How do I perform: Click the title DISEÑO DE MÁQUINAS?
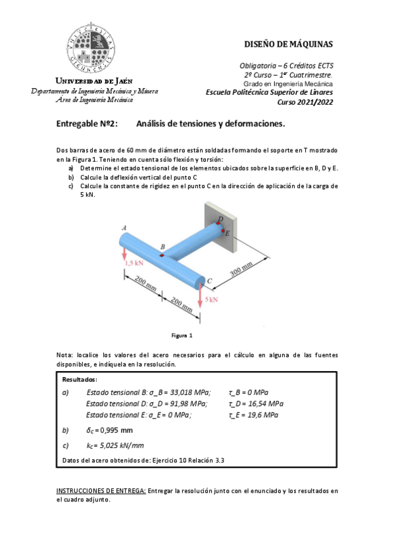(288, 45)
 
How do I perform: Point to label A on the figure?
(124, 228)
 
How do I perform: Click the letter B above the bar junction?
(162, 247)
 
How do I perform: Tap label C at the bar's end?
(209, 281)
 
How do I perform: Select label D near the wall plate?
(220, 219)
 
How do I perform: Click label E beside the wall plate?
(227, 233)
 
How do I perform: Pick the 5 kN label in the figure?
(211, 299)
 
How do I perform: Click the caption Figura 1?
(182, 336)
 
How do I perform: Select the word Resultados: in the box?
(80, 380)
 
